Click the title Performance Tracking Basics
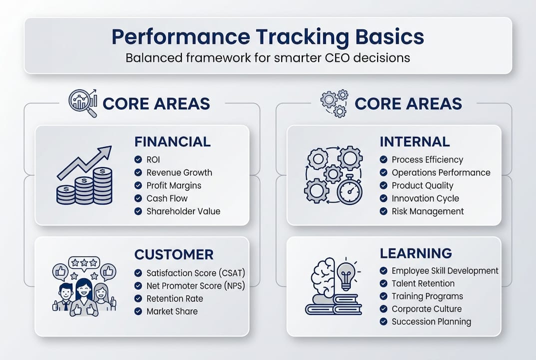click(268, 37)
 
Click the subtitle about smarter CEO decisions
click(268, 57)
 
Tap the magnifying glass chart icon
click(82, 103)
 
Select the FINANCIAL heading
click(172, 142)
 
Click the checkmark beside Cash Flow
click(138, 198)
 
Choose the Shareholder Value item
click(183, 211)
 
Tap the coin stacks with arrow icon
click(84, 176)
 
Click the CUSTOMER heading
click(174, 254)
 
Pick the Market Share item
click(172, 311)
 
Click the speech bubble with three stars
click(84, 262)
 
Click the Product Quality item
click(422, 185)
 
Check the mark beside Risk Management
click(383, 211)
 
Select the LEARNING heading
click(416, 253)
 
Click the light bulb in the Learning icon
click(346, 274)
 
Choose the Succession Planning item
click(431, 321)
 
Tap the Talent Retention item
click(423, 283)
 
